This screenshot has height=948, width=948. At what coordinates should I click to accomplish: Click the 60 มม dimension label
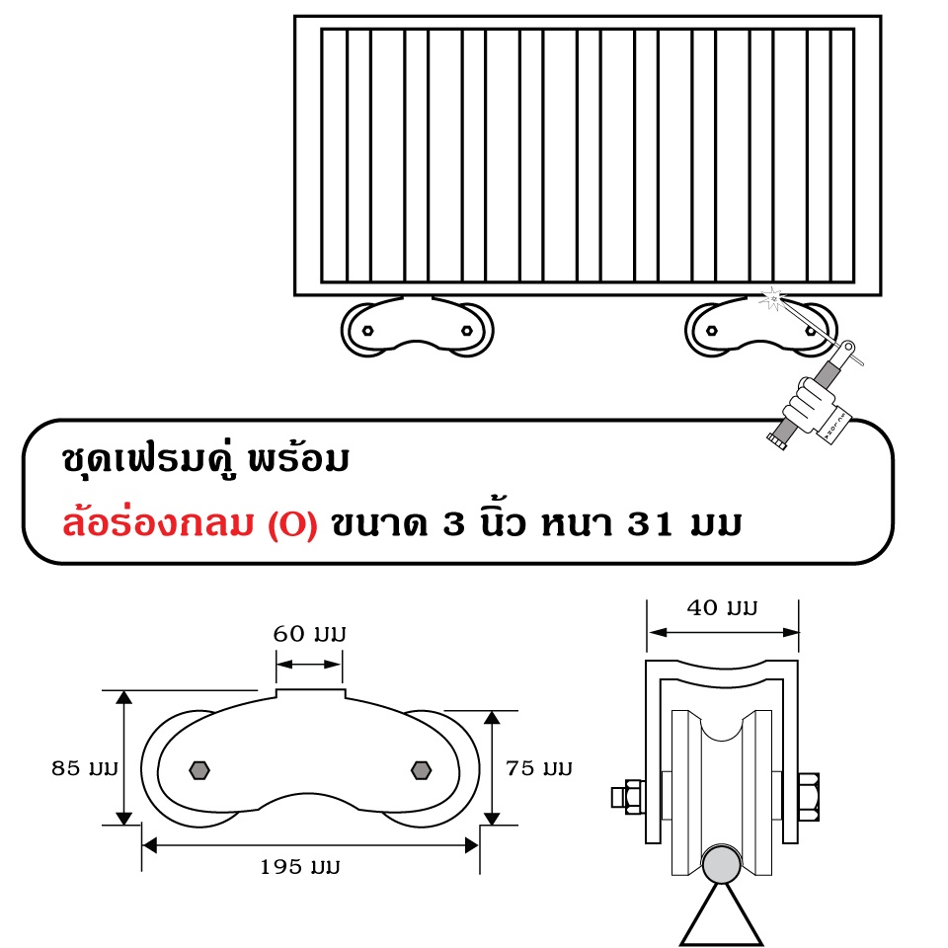[x=309, y=634]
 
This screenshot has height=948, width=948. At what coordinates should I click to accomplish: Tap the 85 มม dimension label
[x=85, y=768]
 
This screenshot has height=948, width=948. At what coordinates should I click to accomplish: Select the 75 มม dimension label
[x=539, y=768]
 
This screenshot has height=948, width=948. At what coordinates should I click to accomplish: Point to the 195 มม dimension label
[x=300, y=866]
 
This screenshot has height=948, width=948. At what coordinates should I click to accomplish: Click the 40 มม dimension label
[x=722, y=607]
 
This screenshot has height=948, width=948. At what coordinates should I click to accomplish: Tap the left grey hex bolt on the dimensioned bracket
[x=199, y=770]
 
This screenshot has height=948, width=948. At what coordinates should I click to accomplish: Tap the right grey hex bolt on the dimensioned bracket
[x=421, y=770]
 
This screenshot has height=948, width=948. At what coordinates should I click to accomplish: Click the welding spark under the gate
[x=772, y=298]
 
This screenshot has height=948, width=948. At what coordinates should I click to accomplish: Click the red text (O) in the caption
[x=292, y=524]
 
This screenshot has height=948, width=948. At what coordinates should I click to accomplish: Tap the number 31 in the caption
[x=650, y=523]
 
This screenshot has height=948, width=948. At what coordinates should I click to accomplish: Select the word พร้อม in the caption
[x=298, y=458]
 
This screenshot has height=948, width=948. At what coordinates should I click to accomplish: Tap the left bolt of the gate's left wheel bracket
[x=367, y=331]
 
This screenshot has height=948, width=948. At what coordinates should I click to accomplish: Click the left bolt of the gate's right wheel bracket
[x=712, y=331]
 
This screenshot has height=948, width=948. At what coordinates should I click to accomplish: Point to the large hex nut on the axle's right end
[x=809, y=796]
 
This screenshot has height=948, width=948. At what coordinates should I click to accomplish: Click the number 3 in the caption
[x=453, y=523]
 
